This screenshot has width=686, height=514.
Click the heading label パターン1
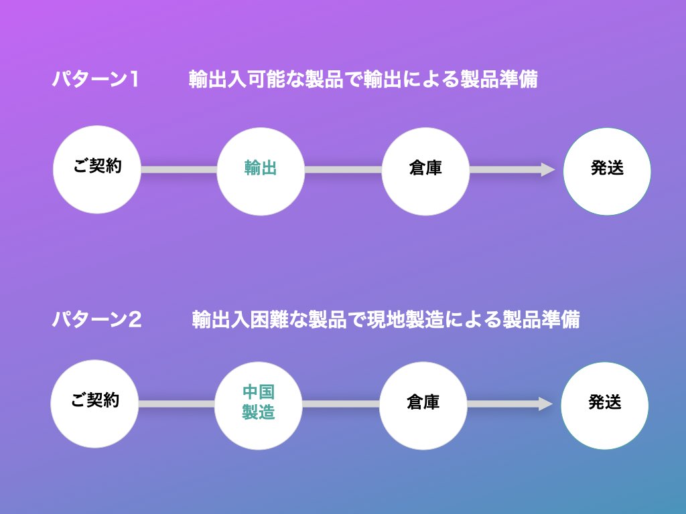(x=96, y=80)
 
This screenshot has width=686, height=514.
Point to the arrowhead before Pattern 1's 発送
(x=547, y=170)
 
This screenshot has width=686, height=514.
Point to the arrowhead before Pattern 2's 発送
(x=545, y=404)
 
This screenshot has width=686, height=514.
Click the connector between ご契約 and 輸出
(x=179, y=170)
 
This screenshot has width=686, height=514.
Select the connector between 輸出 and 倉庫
(x=343, y=170)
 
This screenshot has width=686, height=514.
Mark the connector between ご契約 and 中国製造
(x=176, y=404)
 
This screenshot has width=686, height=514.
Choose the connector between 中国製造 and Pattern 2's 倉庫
(x=340, y=404)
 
